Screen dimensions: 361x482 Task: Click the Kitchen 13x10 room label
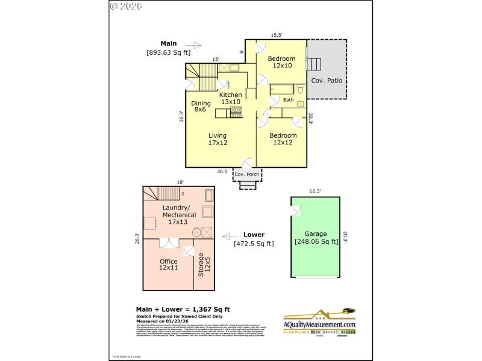(230, 98)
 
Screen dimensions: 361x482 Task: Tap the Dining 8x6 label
(200, 106)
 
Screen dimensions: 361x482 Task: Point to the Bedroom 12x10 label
(281, 62)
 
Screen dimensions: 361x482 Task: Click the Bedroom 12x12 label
(283, 139)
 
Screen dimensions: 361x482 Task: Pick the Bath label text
(289, 100)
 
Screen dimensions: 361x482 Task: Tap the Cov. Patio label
(326, 81)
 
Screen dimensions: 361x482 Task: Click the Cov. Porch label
(248, 174)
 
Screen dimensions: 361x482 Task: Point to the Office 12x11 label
(168, 265)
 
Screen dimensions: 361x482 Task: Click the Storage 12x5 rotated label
(204, 265)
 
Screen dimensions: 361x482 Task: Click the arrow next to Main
(194, 45)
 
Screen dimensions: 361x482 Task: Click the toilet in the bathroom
(300, 91)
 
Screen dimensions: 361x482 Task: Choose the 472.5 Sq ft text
(254, 244)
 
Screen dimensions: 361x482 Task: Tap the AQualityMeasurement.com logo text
(319, 324)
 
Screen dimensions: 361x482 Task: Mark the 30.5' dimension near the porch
(222, 171)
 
